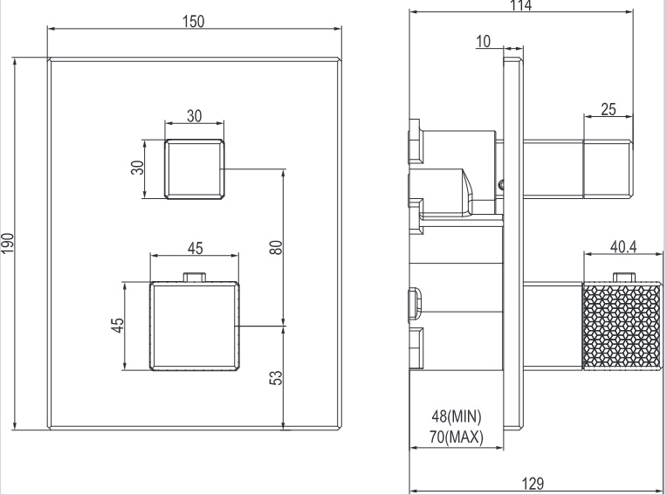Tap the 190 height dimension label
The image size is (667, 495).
click(x=7, y=244)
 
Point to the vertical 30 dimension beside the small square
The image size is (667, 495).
click(x=137, y=168)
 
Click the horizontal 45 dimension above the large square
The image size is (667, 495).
click(x=195, y=248)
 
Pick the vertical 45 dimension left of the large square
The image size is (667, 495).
click(x=118, y=325)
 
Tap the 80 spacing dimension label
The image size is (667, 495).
click(x=276, y=247)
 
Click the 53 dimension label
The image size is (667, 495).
click(x=276, y=378)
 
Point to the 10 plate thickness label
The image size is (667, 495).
click(x=485, y=40)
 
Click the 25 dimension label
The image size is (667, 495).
click(x=609, y=109)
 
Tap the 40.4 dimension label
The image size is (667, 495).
click(x=622, y=247)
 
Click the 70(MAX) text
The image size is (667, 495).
click(x=457, y=436)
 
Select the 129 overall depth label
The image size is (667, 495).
click(x=534, y=483)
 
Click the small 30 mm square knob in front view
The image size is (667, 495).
click(x=194, y=168)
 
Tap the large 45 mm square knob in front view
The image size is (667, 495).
click(x=195, y=325)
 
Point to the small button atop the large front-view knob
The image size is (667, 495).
click(x=195, y=278)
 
